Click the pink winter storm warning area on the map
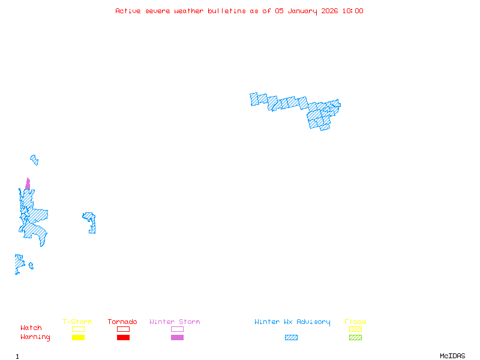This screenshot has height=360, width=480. click(x=28, y=184)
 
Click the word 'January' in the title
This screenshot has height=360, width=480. click(x=301, y=11)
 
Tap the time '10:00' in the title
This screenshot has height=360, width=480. click(x=352, y=11)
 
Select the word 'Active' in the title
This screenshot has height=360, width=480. click(x=128, y=11)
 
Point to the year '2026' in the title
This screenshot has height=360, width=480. click(x=329, y=11)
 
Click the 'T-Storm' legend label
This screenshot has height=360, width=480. click(x=77, y=322)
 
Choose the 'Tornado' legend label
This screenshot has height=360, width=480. click(x=122, y=322)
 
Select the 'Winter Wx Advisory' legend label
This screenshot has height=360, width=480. click(x=292, y=322)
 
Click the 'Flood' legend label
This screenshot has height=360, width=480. click(x=355, y=322)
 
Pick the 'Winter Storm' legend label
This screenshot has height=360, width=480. click(x=175, y=322)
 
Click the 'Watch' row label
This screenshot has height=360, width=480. click(x=31, y=328)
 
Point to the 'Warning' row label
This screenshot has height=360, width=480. click(x=35, y=337)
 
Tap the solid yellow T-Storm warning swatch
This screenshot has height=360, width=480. click(x=78, y=338)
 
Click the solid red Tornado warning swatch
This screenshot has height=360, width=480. click(x=123, y=338)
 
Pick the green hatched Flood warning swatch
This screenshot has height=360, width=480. click(x=355, y=338)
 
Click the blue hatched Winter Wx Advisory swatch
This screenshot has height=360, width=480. click(x=291, y=338)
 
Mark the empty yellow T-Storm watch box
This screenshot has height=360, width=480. click(x=78, y=329)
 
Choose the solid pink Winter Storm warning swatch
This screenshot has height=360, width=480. click(x=177, y=338)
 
